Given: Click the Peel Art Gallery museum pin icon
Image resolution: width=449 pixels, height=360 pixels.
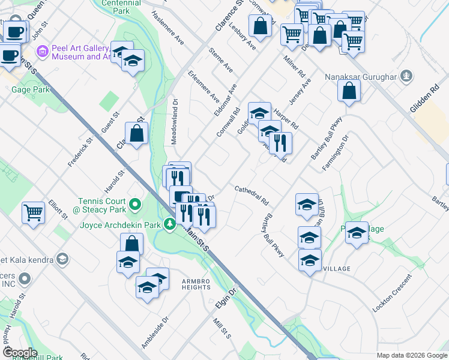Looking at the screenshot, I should coord(42,50).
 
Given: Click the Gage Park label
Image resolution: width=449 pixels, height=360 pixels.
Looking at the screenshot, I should coord(30,89).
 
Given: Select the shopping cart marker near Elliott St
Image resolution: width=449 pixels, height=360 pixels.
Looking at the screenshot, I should coord(33,212).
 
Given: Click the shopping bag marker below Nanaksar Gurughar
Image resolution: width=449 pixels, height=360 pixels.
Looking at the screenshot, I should coord(349,91).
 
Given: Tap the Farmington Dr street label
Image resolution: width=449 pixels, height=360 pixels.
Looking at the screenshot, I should coord(335,152).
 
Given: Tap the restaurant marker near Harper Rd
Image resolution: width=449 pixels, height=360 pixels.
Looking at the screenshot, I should coord(280,143).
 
